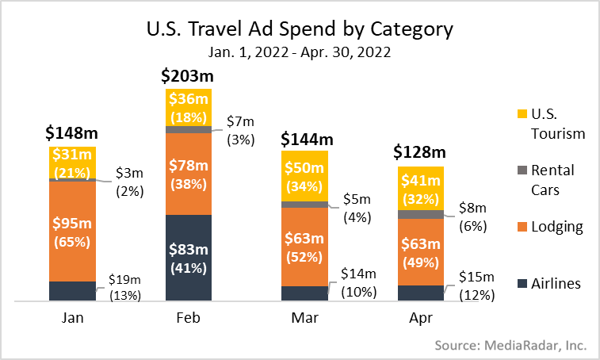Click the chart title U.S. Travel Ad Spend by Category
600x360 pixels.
click(300, 30)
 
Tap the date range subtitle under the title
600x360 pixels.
click(300, 53)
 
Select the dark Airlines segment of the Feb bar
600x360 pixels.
click(189, 258)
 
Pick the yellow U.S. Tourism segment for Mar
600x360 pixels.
click(304, 176)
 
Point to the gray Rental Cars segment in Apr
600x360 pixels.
click(420, 214)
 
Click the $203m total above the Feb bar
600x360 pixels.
click(188, 76)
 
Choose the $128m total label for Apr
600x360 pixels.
click(420, 152)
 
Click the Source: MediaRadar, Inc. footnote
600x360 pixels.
click(510, 345)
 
